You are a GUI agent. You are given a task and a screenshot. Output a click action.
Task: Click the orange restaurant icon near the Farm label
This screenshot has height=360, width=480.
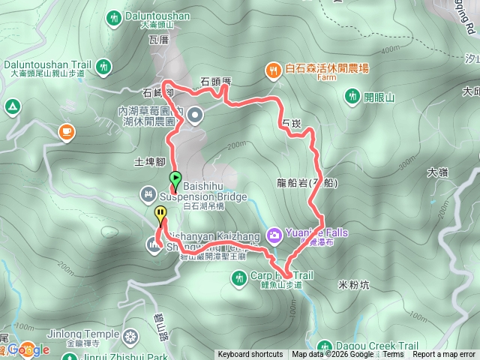tap(273, 70)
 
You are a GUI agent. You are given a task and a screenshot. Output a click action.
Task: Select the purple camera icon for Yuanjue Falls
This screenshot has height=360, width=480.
tap(274, 235)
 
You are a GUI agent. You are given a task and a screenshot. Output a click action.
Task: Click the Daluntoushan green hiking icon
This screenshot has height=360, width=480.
tap(114, 16)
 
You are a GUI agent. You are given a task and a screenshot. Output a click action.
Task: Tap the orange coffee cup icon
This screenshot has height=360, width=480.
tap(67, 132)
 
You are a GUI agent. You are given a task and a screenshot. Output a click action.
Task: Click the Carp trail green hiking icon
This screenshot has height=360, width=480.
tap(239, 279)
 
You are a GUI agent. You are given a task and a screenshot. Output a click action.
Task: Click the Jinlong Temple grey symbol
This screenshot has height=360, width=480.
tap(131, 334)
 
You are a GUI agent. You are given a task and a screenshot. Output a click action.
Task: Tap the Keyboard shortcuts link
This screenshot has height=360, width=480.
tap(250, 355)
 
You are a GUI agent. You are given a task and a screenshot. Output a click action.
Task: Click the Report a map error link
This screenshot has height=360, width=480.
tap(444, 355)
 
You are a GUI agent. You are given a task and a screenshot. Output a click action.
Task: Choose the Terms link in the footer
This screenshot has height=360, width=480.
tap(393, 355)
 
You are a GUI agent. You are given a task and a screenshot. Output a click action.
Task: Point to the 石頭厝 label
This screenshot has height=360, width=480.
tap(217, 80)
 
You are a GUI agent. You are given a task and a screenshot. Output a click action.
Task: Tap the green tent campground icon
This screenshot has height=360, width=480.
tap(13, 107)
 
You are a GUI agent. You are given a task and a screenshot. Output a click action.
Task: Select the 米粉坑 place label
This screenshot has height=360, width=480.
tap(354, 285)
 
